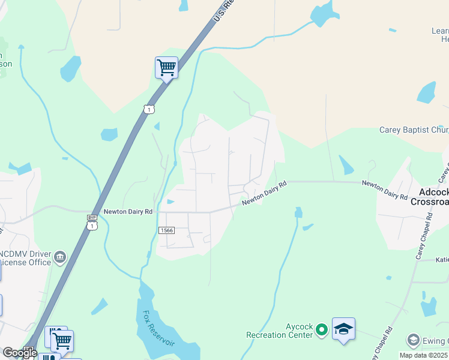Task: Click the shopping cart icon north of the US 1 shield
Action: (x=166, y=67)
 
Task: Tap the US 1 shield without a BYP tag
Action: (x=149, y=109)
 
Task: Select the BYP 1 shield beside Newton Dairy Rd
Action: (x=92, y=221)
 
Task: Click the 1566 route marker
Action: (x=167, y=230)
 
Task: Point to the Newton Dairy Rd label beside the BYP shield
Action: (x=128, y=211)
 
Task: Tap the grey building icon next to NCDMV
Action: (x=59, y=258)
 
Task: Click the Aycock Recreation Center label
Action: (x=282, y=330)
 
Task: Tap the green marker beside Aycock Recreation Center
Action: (x=322, y=329)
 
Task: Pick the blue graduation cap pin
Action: (x=343, y=329)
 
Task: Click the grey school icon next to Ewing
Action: (x=412, y=340)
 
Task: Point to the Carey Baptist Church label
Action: (x=414, y=130)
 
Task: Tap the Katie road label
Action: (x=442, y=260)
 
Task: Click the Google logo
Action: (x=20, y=353)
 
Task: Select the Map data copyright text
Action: (x=424, y=355)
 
